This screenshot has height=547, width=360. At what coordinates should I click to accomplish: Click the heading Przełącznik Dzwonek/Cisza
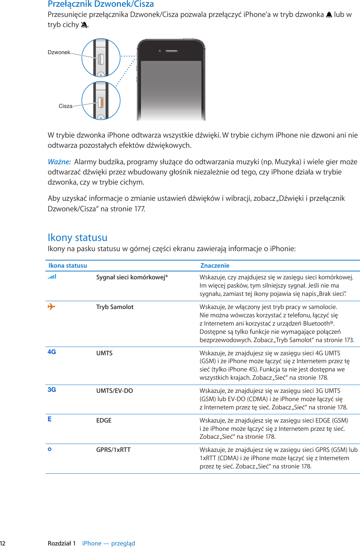[x=101, y=4]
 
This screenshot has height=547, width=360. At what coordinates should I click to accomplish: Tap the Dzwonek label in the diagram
[x=59, y=52]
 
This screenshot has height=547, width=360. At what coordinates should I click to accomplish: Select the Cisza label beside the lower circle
[x=65, y=106]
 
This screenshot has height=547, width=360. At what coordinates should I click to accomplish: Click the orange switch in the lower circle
[x=101, y=102]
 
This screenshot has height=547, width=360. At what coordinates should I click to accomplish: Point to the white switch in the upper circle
[x=101, y=59]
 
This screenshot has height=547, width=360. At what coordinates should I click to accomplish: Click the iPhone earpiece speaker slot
[x=171, y=51]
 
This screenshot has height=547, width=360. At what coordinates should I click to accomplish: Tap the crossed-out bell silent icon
[x=84, y=25]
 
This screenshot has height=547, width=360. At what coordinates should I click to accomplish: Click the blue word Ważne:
[x=59, y=162]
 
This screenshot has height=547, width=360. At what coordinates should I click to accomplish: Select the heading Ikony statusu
[x=77, y=238]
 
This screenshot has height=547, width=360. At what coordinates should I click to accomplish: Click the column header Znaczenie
[x=215, y=265]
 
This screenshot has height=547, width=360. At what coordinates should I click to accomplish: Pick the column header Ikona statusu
[x=68, y=265]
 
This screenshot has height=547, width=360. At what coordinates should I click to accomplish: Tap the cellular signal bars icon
[x=52, y=277]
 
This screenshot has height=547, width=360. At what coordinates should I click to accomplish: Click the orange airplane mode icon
[x=51, y=307]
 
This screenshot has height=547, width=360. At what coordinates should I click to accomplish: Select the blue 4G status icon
[x=51, y=352]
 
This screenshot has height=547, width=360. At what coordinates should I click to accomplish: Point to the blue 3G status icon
[x=51, y=389]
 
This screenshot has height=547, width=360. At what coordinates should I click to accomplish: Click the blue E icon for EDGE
[x=50, y=419]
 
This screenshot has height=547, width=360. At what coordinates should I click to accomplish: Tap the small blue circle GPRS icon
[x=50, y=449]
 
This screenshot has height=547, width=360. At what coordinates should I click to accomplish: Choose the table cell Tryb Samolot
[x=115, y=307]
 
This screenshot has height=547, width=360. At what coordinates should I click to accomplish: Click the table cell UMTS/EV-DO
[x=114, y=391]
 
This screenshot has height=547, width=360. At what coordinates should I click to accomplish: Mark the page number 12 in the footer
[x=3, y=543]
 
